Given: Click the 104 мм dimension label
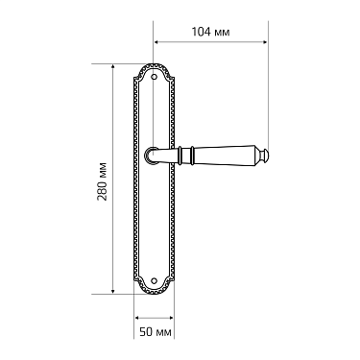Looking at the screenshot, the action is [210, 32].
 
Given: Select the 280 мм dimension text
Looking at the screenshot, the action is [102, 181].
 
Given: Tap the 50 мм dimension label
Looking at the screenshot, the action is [156, 332].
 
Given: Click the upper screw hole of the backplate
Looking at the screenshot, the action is [155, 77].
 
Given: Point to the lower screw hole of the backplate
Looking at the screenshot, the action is [155, 280].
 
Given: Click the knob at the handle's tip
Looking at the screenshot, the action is [264, 156].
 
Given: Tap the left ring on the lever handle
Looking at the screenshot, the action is [180, 156].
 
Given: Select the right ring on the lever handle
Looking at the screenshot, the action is [192, 156].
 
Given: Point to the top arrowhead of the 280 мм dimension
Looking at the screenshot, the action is [112, 66].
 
